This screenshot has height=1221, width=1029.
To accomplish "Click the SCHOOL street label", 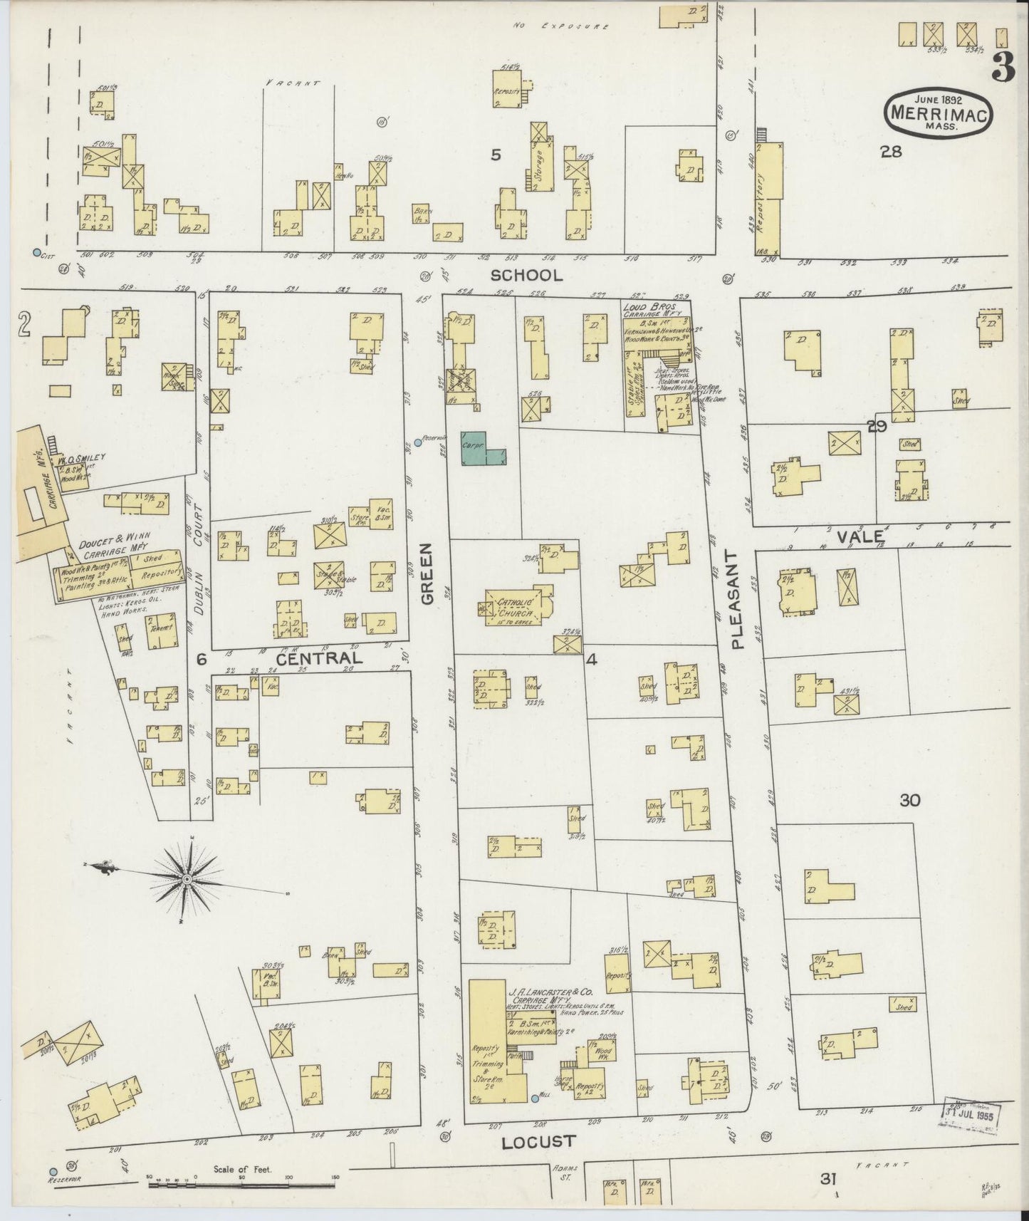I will (526, 275).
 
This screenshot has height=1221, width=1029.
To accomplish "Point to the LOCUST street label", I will (538, 1142).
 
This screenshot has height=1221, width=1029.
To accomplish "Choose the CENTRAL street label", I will (319, 659).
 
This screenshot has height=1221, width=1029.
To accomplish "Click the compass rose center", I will (187, 880).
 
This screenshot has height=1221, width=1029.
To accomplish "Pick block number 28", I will (890, 151).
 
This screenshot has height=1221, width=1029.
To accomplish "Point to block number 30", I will (909, 800).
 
